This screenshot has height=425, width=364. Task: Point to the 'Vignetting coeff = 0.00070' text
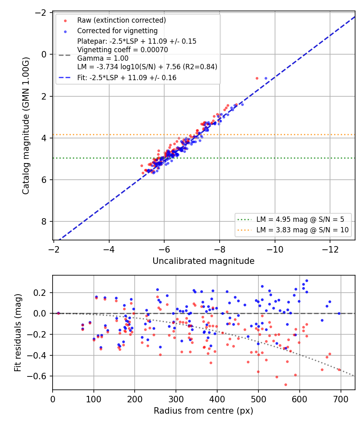click(x=123, y=50)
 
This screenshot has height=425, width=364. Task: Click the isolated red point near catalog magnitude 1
click(x=257, y=79)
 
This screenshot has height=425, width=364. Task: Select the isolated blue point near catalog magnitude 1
click(x=266, y=79)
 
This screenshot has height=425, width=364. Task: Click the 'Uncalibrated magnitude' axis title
click(x=203, y=261)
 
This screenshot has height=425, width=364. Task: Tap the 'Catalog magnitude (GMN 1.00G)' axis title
click(x=25, y=126)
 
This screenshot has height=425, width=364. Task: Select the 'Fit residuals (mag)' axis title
click(x=18, y=333)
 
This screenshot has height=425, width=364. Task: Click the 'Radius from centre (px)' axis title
click(x=203, y=411)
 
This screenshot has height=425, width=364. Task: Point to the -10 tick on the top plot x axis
click(x=275, y=249)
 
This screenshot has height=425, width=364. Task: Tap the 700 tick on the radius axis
click(x=341, y=399)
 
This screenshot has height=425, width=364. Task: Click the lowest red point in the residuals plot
click(x=286, y=385)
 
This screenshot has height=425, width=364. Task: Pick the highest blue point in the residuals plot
click(x=307, y=281)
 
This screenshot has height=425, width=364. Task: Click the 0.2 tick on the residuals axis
click(x=40, y=293)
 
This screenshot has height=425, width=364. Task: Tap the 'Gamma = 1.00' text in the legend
click(x=103, y=58)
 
